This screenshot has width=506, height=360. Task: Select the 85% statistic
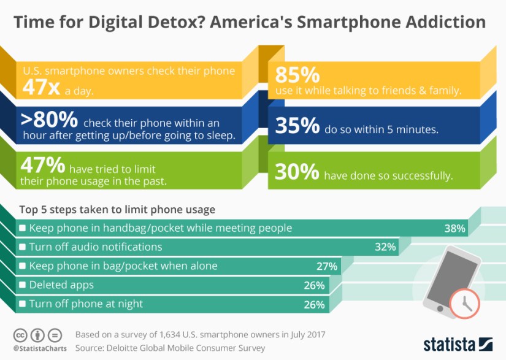tap(297, 75)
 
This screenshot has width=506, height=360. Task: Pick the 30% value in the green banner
tap(297, 174)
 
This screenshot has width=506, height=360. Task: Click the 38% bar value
tap(455, 229)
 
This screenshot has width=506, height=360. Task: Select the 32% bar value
tap(386, 247)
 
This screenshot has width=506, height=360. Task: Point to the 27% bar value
tap(326, 266)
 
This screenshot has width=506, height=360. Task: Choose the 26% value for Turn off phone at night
tap(315, 304)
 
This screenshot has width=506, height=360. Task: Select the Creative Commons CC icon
tap(21, 335)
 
